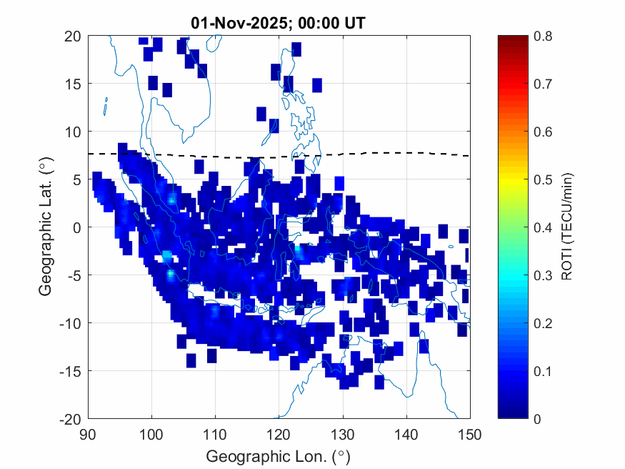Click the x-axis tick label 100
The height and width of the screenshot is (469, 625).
[x=151, y=434]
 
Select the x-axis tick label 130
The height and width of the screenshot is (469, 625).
[x=343, y=434]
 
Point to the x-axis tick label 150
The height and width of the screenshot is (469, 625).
[x=470, y=434]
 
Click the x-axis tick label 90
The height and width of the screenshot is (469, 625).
[x=88, y=434]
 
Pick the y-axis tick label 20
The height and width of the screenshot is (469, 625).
[x=71, y=36]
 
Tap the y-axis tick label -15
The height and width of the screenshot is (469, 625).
[x=69, y=370]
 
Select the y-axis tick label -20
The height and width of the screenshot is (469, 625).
[x=69, y=418]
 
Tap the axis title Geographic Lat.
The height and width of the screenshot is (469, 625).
[x=46, y=227]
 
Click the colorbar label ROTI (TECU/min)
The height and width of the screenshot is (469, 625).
[x=568, y=227]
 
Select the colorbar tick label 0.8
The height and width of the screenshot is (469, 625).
[x=542, y=36]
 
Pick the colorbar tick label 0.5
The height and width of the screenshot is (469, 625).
[x=542, y=179]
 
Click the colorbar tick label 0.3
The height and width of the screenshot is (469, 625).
[x=542, y=275]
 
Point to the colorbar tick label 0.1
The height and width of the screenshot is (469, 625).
[x=542, y=370]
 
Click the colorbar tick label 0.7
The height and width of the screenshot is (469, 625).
[x=542, y=84]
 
